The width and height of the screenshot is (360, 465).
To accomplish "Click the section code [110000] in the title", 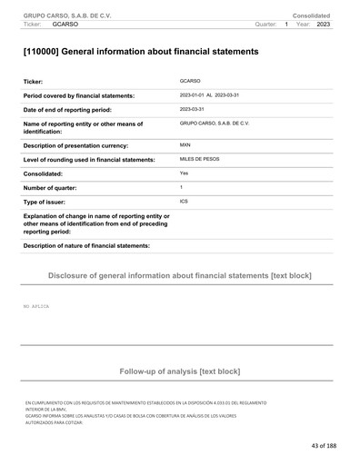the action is click(48, 53).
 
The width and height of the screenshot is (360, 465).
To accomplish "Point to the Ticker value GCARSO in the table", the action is click(190, 82).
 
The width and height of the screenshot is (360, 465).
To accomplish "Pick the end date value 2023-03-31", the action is click(193, 108).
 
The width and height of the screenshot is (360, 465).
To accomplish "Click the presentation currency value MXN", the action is click(185, 144).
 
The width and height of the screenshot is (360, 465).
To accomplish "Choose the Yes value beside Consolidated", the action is click(185, 173).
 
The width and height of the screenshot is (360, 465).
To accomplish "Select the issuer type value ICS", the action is click(185, 201).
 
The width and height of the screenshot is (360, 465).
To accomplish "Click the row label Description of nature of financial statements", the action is click(86, 246).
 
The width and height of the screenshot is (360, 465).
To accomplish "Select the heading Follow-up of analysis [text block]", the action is click(179, 371).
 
